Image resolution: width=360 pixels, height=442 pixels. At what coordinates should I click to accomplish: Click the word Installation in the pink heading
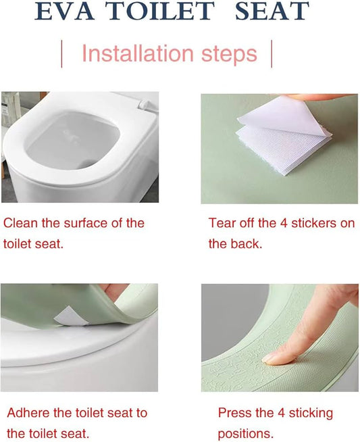point(138,53)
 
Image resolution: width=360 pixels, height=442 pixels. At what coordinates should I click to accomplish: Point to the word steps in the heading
point(229,55)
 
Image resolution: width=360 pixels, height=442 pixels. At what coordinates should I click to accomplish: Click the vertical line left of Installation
point(61,54)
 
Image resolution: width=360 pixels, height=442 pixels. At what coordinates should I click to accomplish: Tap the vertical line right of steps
point(272,54)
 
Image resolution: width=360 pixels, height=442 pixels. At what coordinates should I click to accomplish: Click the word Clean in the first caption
point(20,223)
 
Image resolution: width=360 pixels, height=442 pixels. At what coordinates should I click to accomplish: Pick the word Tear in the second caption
point(222,223)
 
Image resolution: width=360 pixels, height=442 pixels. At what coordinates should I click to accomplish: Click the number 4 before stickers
point(284,223)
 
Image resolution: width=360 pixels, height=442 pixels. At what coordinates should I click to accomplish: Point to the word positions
point(246,434)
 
